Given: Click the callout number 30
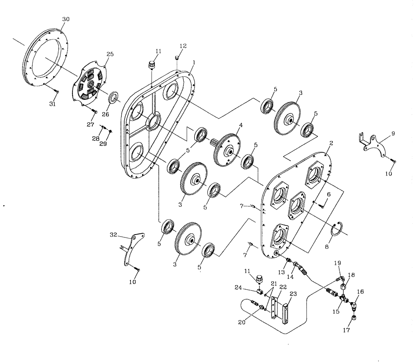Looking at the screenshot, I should pos(66,19).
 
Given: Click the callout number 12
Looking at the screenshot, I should pos(183,45).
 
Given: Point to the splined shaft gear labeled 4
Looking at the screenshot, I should pos(225,149).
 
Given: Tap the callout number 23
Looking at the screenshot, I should pos(293,293).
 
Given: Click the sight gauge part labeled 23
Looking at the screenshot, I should pos(285,311).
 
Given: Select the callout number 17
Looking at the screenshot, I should pos(346,330).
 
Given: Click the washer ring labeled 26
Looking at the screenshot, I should pos(113,98).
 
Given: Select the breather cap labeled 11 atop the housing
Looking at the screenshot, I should pos(152,65).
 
